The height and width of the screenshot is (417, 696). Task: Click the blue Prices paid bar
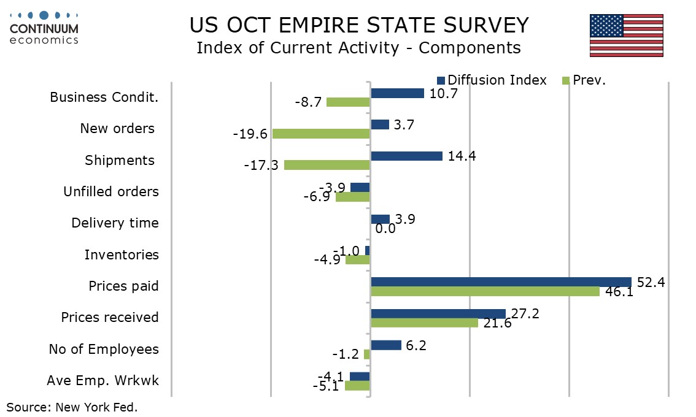501,281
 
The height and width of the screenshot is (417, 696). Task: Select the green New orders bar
321,134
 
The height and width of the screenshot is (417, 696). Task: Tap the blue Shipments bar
406,156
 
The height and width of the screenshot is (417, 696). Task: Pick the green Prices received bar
424,323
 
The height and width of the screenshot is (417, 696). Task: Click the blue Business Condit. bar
397,93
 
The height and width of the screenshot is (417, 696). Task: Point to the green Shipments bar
327,165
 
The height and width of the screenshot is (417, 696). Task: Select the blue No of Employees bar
385,345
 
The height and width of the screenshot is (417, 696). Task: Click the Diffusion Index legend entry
491,80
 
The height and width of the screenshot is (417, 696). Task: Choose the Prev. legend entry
584,80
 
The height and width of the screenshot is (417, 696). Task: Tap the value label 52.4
651,282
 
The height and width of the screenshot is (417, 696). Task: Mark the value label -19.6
250,134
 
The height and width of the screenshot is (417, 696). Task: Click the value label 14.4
462,156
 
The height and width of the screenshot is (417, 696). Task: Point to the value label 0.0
385,229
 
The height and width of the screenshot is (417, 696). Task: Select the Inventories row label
122,254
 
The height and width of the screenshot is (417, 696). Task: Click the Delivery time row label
115,223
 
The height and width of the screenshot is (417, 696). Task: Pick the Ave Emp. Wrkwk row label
102,380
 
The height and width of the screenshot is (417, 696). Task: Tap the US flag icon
626,36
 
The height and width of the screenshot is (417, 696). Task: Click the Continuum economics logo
44,28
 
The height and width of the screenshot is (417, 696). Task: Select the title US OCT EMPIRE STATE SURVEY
359,25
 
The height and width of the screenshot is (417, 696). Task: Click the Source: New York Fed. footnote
72,407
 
